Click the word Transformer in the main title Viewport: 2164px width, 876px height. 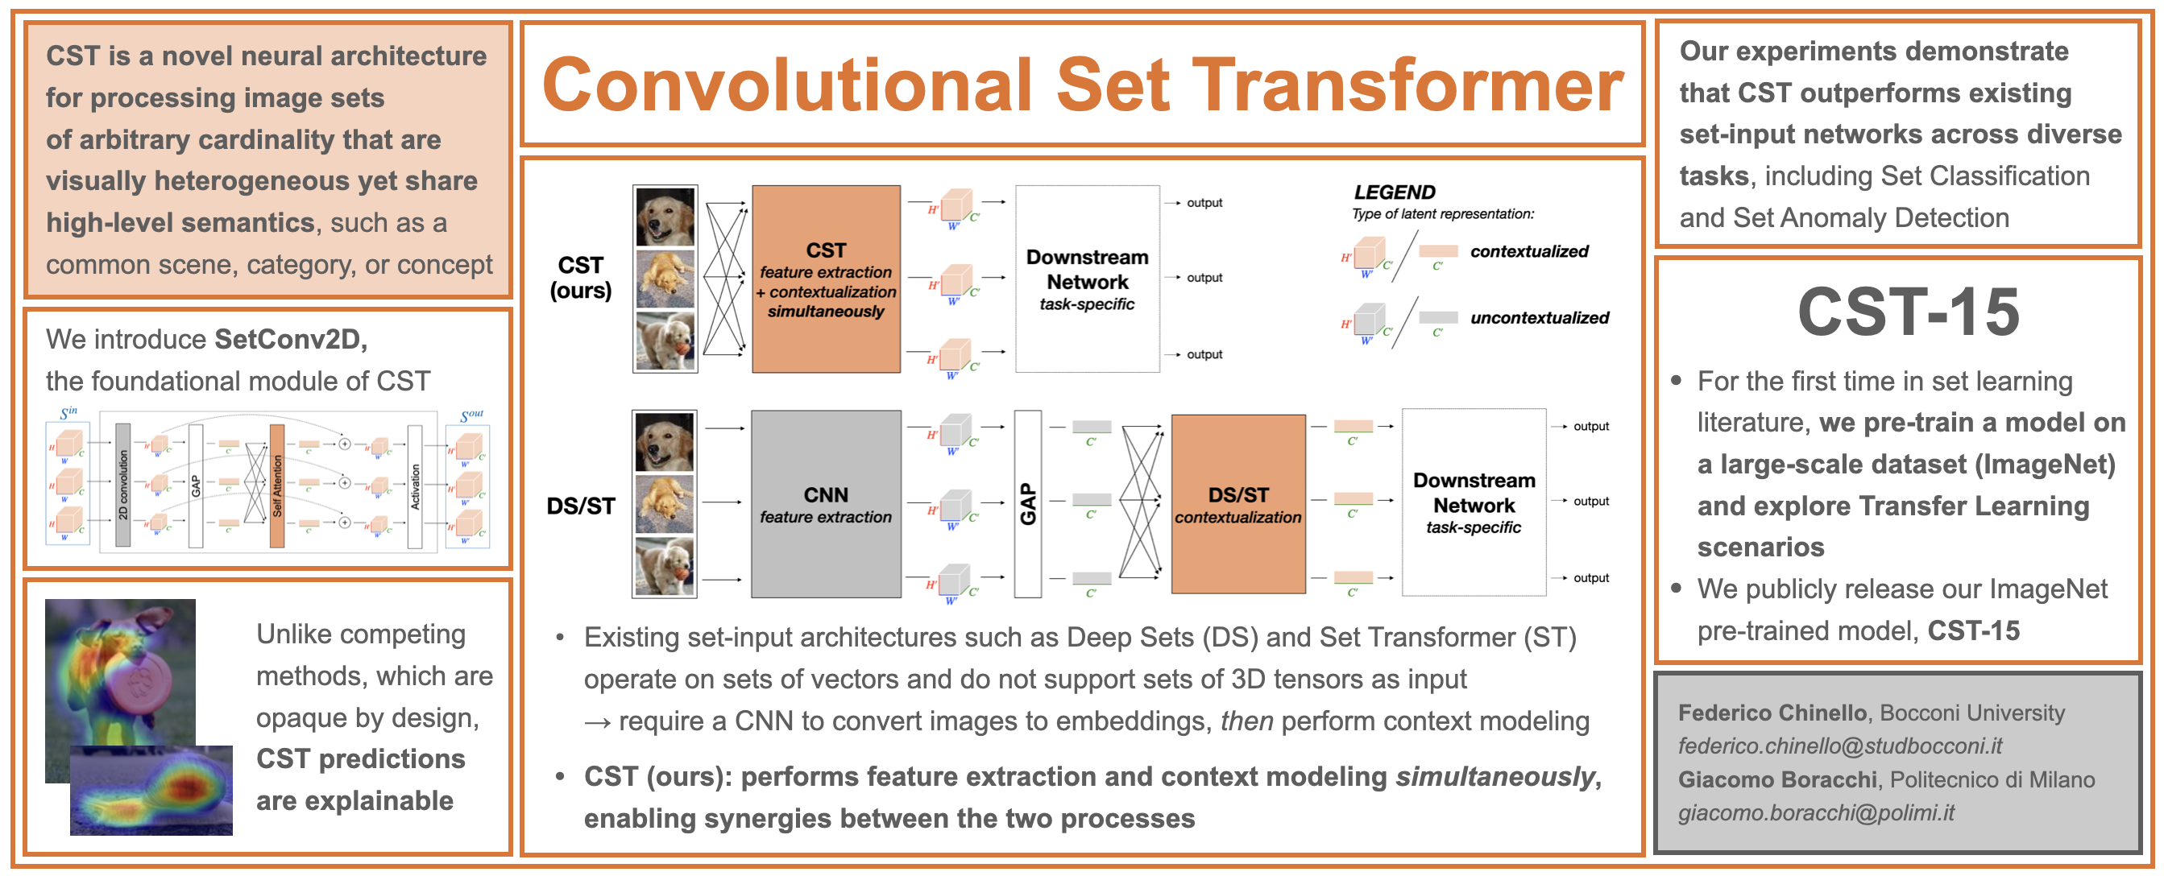pos(1407,85)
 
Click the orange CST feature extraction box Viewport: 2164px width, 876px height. pos(826,279)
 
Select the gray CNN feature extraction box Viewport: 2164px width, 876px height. pos(826,504)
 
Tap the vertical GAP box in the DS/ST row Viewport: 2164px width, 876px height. pos(1027,504)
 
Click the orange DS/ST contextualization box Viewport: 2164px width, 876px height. pos(1237,504)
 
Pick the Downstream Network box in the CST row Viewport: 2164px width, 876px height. pos(1087,279)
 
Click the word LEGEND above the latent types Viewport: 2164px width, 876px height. pos(1395,192)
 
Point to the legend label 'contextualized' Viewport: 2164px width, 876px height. pos(1528,251)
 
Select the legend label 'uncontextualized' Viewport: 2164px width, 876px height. pos(1539,317)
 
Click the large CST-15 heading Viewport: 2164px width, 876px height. pos(1908,312)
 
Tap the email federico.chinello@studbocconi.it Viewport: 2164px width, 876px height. pos(1840,746)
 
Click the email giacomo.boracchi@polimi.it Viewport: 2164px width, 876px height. pos(1815,813)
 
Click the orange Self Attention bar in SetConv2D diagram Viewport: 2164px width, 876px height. pos(276,486)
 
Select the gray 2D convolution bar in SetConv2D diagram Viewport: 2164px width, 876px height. pos(122,486)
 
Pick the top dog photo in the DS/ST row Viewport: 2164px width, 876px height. pos(665,443)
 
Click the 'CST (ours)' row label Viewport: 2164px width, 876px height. pos(581,278)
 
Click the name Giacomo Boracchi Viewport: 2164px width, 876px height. pos(1776,779)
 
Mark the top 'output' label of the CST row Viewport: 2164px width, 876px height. pos(1204,203)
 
